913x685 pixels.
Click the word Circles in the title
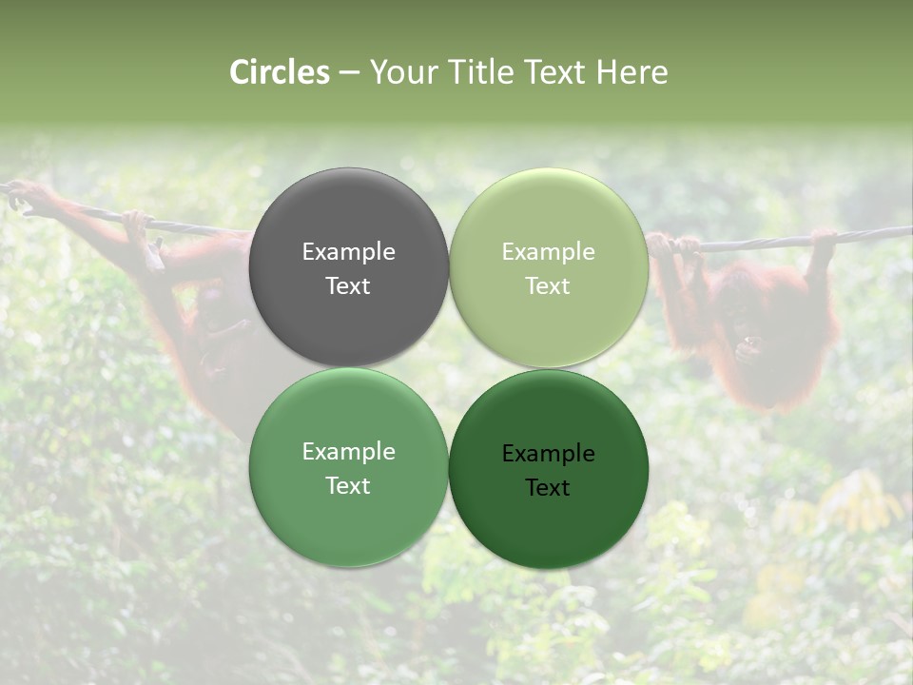coord(280,72)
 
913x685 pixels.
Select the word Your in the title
coord(400,72)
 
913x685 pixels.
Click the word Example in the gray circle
coord(348,252)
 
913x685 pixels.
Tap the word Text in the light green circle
coord(548,286)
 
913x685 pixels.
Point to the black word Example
coord(548,454)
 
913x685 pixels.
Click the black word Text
coord(548,488)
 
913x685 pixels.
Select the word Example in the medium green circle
coord(348,452)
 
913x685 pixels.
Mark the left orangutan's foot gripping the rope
coord(138,224)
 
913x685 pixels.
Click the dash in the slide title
coord(348,73)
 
